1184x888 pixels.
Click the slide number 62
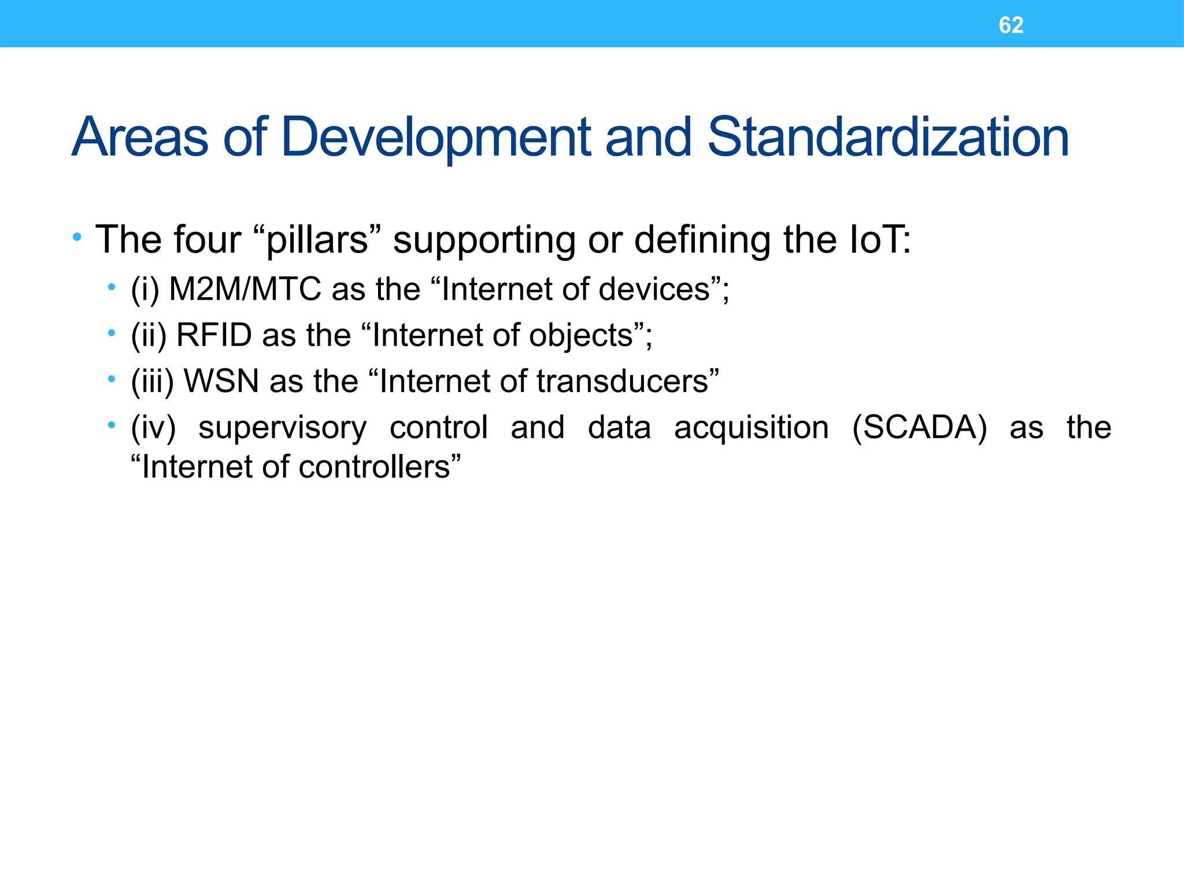click(x=1011, y=25)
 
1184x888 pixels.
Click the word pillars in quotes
click(x=317, y=240)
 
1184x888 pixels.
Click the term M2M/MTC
click(x=245, y=289)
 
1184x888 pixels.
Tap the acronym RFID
click(x=214, y=335)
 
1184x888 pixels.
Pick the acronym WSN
click(x=221, y=382)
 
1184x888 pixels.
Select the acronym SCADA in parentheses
click(x=920, y=428)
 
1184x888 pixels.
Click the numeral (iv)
click(x=153, y=428)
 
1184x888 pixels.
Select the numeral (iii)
click(x=152, y=382)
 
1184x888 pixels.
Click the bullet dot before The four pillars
click(x=77, y=237)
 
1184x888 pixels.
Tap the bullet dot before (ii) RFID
click(x=111, y=333)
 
